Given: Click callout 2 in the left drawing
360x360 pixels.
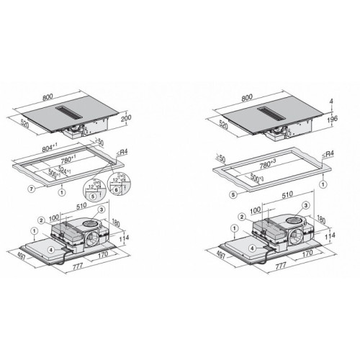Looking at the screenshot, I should pyautogui.click(x=42, y=220).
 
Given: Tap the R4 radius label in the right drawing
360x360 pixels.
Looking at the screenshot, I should pyautogui.click(x=331, y=155).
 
